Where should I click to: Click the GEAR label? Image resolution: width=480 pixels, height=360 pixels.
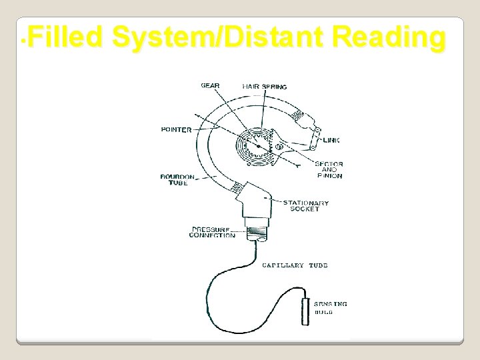click(210, 85)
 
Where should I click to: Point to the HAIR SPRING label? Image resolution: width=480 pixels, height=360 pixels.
click(265, 86)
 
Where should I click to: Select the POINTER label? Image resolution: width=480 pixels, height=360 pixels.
click(176, 129)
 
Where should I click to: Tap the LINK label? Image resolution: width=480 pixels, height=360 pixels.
click(331, 140)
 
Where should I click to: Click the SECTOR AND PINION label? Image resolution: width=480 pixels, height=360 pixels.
click(329, 170)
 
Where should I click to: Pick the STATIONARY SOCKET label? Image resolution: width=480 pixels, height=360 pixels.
click(305, 206)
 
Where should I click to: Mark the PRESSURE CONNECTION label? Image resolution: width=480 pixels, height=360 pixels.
click(212, 232)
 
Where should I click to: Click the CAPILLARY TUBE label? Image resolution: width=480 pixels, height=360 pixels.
click(295, 265)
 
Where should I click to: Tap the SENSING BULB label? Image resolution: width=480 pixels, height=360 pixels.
click(331, 308)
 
